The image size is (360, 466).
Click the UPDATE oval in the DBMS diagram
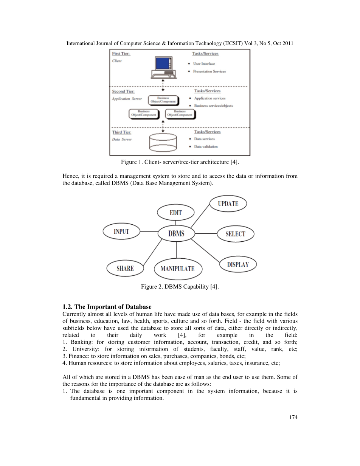coord(228,203)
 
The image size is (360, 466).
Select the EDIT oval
coord(175,213)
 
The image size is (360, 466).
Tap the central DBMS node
coord(176,233)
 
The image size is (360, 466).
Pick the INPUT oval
coord(121,231)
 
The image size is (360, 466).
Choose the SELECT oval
coord(235,234)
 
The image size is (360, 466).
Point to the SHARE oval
coord(125,268)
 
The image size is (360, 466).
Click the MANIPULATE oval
coord(177,269)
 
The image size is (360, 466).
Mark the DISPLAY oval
coord(238,264)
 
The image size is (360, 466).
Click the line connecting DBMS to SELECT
coord(206,234)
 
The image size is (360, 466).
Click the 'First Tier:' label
coord(121,54)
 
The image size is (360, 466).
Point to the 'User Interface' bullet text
coord(204,64)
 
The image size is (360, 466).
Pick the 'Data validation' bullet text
coord(206,146)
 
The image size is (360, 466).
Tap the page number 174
coord(293,417)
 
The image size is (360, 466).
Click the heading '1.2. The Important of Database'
coord(107,306)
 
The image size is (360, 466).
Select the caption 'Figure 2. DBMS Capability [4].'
coord(180,287)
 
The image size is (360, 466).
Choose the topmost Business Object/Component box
coord(163,100)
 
